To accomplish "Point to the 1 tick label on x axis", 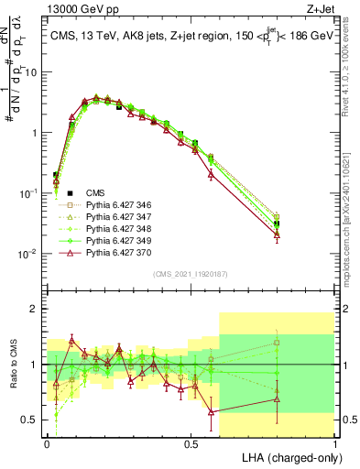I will (x=334, y=443).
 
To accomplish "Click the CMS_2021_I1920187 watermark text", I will (x=190, y=275).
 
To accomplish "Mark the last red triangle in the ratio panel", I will (x=277, y=399).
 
